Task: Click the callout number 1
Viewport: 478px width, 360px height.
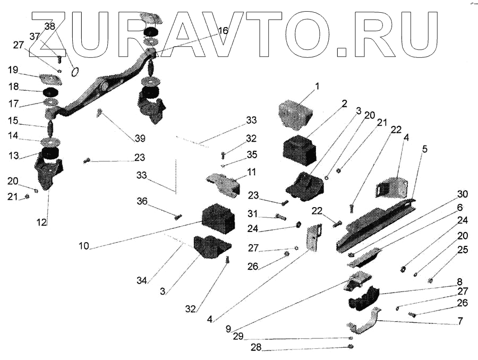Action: [317, 85]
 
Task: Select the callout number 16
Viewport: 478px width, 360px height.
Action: [223, 31]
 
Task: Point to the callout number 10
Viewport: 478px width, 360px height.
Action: [84, 246]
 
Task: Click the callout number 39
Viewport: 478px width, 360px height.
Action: [140, 138]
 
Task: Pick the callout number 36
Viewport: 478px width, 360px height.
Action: [142, 201]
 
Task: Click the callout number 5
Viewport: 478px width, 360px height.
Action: [424, 149]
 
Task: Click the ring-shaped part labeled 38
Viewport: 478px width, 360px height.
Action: [75, 71]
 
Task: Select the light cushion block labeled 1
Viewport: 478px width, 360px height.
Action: [295, 114]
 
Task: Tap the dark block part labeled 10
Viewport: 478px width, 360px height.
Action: [218, 218]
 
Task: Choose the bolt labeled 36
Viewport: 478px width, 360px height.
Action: [178, 216]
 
